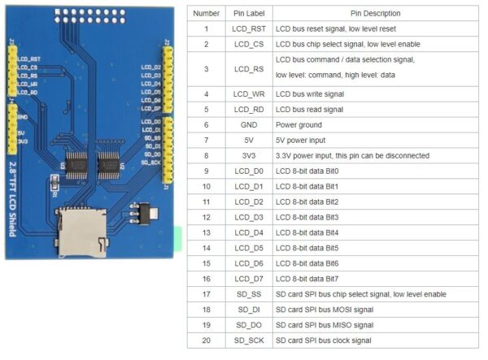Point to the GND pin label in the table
[x=249, y=125]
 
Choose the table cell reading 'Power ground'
[x=299, y=125]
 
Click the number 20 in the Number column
[x=207, y=340]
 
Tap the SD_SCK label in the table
[x=249, y=340]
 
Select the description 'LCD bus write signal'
[x=310, y=94]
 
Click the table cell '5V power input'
[x=300, y=141]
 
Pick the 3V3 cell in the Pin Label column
[x=249, y=156]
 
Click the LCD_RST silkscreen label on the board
[x=29, y=59]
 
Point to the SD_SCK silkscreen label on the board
[x=150, y=162]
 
